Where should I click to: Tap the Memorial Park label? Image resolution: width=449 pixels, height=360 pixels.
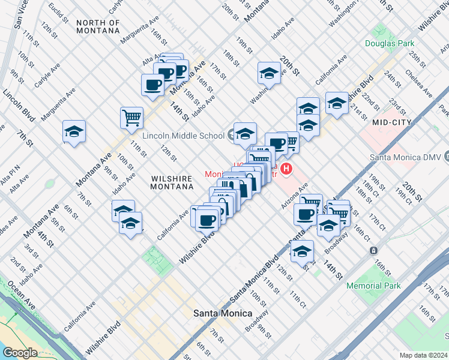pos(373,286)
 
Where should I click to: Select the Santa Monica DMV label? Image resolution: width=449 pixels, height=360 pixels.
pos(406,157)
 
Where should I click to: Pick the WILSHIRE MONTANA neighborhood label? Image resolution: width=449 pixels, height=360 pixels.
pos(172,183)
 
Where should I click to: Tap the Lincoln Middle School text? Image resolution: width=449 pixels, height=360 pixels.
pos(183,136)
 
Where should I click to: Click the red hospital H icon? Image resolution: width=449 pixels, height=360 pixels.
pos(286,170)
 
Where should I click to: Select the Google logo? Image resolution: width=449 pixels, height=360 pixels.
pos(20,352)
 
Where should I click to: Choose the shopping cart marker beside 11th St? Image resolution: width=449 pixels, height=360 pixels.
pos(131,118)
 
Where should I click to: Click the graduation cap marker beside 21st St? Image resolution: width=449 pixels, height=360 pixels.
pos(337,103)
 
